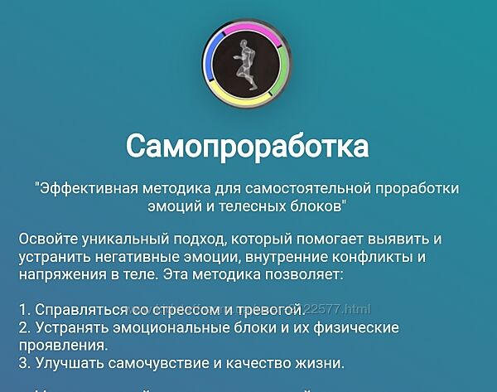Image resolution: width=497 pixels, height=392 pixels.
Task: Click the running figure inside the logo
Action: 247,63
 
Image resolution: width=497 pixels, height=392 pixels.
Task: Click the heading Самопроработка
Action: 248,147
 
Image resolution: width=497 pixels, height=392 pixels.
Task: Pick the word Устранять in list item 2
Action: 70,327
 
